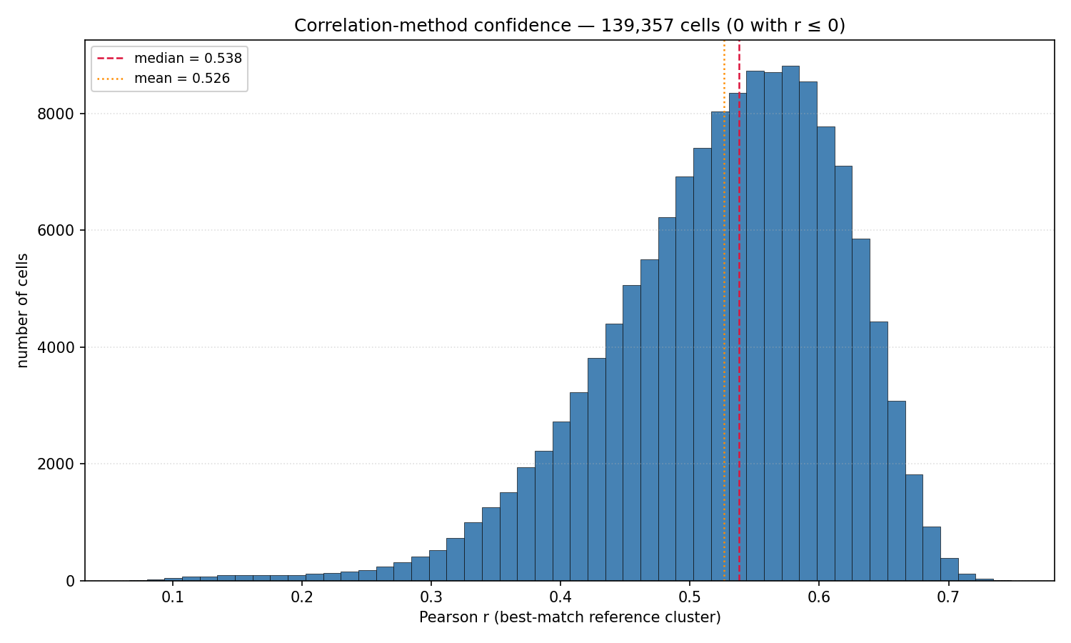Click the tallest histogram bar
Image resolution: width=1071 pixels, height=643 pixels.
coord(790,324)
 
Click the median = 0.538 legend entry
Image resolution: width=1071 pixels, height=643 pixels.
coord(169,59)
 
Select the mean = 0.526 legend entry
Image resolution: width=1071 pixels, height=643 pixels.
coord(163,78)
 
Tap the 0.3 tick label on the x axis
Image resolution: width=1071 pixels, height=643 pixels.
coord(431,597)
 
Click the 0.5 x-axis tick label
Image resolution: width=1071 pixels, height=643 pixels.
coord(690,597)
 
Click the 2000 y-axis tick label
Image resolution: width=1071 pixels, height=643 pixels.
coord(56,464)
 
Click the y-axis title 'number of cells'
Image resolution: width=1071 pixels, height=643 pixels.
coord(22,311)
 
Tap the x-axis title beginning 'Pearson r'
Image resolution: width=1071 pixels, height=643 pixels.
coord(570,617)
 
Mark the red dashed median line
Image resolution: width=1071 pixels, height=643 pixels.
coord(739,311)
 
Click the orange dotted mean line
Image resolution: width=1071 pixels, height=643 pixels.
coord(725,311)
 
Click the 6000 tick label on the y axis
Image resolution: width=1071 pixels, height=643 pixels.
coord(56,231)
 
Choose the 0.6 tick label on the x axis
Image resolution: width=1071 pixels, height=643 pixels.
coord(818,597)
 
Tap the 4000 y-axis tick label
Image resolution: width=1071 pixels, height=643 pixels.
coord(56,347)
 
